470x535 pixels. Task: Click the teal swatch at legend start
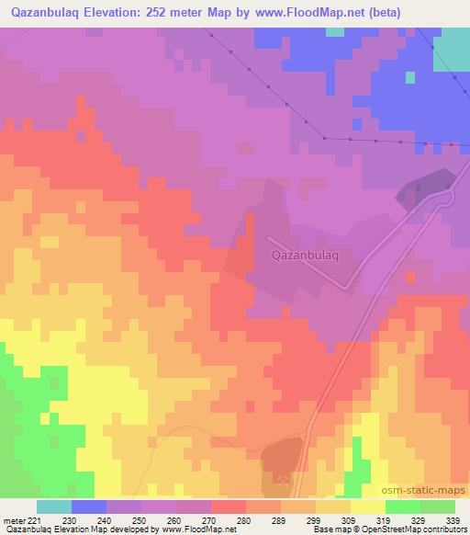pos(54,507)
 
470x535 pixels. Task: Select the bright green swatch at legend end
pos(438,507)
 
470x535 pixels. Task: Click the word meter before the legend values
pos(13,520)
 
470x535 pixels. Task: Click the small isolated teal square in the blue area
pos(337,32)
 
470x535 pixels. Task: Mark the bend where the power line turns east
pos(325,139)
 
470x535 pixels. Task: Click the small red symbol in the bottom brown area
pos(282,477)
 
